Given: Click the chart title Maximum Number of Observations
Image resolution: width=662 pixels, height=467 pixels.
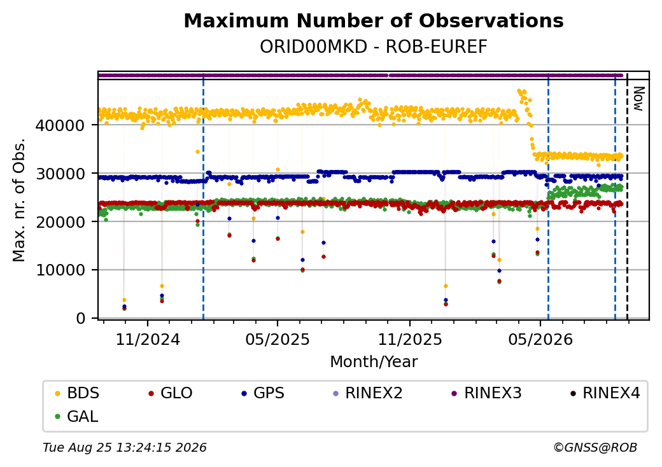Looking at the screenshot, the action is coord(374,20).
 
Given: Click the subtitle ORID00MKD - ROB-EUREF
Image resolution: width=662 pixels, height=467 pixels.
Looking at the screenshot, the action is coord(374,47).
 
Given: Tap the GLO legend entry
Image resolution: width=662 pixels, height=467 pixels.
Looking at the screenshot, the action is coord(170,393).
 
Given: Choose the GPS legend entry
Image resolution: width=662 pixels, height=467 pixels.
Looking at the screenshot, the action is coord(263,393).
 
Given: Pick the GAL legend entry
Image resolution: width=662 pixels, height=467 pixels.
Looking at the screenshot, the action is coord(77,416).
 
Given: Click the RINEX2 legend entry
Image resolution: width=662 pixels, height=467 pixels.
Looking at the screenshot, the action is coord(368,393).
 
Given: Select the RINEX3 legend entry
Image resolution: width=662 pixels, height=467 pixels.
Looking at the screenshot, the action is coord(487,393).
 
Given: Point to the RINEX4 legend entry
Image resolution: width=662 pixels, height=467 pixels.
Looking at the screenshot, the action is coord(605,393).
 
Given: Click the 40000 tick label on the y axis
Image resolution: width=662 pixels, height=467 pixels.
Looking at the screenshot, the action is coord(60,125).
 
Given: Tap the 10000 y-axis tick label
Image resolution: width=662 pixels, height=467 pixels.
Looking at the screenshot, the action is coord(60,270).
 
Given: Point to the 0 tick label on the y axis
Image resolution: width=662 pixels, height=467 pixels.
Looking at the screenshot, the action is coord(81,319).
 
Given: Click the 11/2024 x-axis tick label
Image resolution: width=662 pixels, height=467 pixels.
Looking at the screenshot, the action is coord(148,340).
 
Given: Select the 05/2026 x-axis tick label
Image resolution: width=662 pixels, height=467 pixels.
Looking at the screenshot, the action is coord(540,340).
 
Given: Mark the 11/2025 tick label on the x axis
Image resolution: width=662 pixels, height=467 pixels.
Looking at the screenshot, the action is coord(409,340).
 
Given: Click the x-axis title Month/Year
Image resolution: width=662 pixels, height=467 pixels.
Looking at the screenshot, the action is coord(374,362).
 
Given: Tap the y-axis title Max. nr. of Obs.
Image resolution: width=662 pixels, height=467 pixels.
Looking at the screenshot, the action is coord(19,200).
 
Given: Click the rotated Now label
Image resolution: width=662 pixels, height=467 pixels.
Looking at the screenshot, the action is coord(639,99).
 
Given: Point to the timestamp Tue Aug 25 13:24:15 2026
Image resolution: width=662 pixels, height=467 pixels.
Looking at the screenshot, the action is coord(125,447).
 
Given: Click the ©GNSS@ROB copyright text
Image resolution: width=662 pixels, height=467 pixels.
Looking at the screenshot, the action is coord(595,447).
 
